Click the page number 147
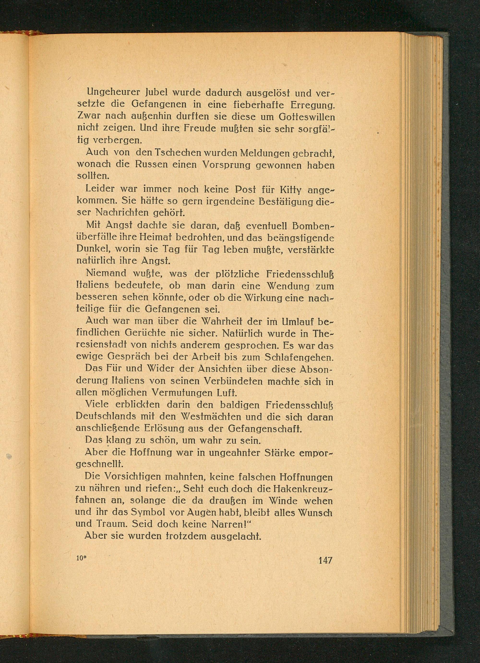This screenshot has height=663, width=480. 325,560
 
